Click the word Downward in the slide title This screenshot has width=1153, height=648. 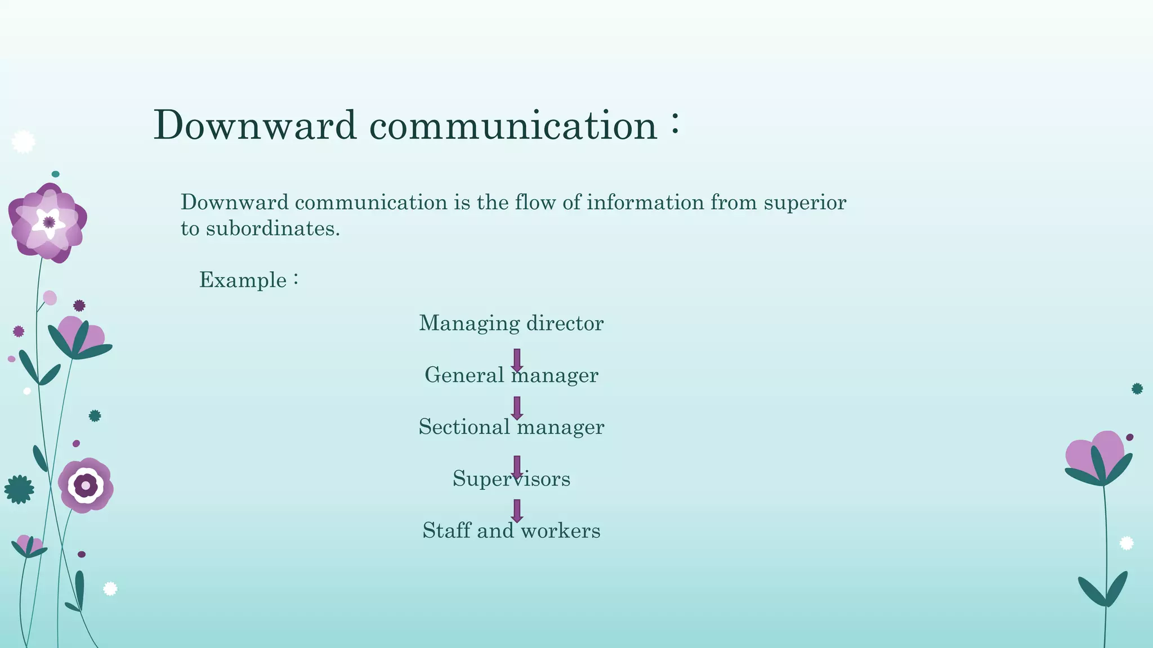(x=254, y=125)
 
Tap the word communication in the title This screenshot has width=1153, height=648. (x=513, y=125)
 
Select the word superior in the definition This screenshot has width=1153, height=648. (x=805, y=202)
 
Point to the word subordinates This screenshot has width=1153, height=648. (x=272, y=229)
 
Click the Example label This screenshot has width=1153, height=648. (x=243, y=280)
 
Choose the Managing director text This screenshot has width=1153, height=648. (x=511, y=323)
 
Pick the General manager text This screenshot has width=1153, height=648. (x=511, y=375)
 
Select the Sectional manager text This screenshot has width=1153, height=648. (x=511, y=427)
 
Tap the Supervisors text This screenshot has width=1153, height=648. (x=511, y=479)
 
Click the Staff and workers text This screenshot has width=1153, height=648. (x=511, y=530)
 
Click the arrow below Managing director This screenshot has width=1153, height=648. (x=517, y=360)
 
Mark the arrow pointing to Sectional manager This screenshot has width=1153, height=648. (x=517, y=408)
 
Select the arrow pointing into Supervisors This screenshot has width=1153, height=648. (x=517, y=467)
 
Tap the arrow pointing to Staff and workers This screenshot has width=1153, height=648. (x=517, y=511)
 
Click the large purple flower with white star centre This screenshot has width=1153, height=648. (x=48, y=223)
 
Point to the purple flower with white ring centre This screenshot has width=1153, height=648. (x=86, y=485)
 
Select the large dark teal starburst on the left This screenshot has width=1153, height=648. (x=19, y=489)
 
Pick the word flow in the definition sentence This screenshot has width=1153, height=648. (x=535, y=202)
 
